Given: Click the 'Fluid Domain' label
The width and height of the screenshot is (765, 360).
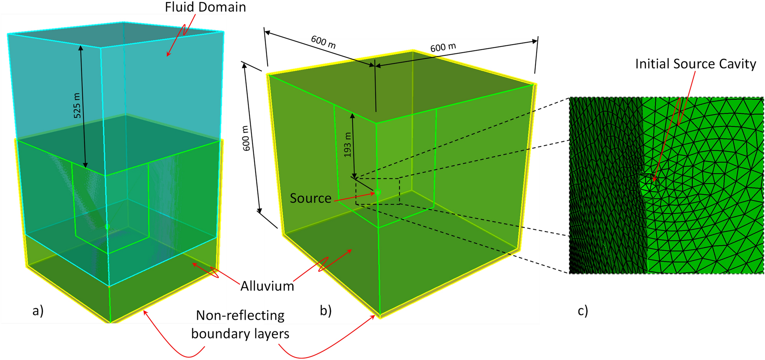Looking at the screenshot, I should coord(205,7).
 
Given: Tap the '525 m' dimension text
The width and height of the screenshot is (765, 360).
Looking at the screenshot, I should coord(77,105).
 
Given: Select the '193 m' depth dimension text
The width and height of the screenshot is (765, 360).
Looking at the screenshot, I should coord(348,145).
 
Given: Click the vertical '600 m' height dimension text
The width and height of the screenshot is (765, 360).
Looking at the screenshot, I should coord(247,138).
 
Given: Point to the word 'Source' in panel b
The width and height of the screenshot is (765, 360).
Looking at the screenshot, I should coord(310,198).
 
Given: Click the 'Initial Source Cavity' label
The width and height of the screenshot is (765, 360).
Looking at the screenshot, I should coord(695,64).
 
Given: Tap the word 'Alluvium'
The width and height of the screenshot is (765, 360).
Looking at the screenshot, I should coord(267,286).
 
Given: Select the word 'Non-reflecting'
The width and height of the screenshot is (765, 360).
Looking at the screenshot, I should coord(240,315).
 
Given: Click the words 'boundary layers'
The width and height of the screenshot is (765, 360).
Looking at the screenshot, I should coord(240,333).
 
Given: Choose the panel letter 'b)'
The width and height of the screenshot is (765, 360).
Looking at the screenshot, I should coord(326,310).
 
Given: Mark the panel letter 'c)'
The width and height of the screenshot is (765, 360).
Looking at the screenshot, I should coord(583,310).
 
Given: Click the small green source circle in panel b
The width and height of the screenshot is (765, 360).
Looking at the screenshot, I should coord(378,192).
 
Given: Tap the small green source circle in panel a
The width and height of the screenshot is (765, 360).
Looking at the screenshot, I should coord(107,227).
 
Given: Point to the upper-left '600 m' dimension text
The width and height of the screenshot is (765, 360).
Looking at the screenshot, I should coord(323,42).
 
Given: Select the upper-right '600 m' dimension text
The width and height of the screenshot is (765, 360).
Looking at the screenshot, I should coord(443,47).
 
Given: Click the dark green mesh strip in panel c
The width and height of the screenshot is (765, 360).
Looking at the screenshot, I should coord(605,185).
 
